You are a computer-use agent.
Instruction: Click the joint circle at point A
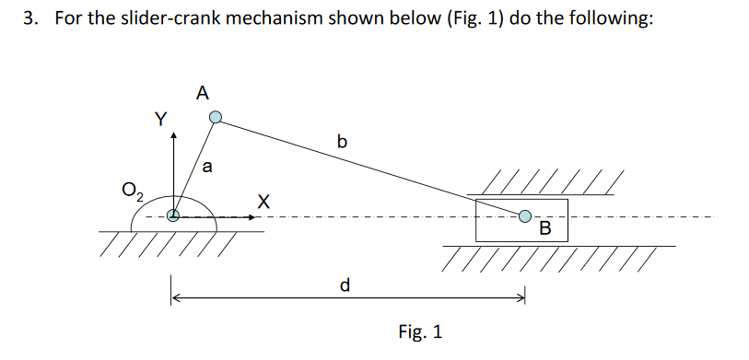click(215, 118)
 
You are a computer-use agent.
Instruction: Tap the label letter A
click(203, 92)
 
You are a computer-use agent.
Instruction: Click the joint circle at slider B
click(524, 216)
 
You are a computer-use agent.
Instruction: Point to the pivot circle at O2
click(172, 217)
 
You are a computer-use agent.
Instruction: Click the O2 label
click(134, 192)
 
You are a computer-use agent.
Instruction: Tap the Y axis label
click(161, 119)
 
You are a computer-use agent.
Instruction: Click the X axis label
click(264, 200)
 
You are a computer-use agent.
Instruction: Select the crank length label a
click(207, 168)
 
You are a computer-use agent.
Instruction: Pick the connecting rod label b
click(343, 142)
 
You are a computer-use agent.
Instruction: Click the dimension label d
click(345, 285)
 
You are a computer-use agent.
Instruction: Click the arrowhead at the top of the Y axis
click(172, 135)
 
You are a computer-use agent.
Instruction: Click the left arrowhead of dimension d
click(175, 296)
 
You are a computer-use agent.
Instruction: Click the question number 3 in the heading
click(29, 20)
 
